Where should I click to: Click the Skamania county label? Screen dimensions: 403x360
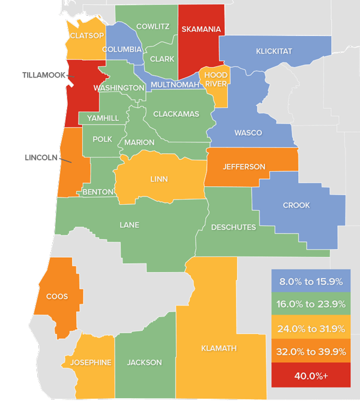pos(201,29)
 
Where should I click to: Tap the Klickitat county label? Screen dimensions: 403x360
pos(274,51)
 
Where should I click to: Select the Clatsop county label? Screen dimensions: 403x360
pos(87,35)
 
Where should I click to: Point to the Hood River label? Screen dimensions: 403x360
pos(215,80)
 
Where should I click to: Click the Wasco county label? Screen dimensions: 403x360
pos(248,133)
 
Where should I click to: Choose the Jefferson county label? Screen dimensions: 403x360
pos(244,166)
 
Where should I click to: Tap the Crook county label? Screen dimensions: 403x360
pos(296,205)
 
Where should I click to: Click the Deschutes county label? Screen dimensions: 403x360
pos(233,227)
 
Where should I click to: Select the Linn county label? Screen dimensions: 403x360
pos(160,179)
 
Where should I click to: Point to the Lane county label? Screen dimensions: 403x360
pos(129,225)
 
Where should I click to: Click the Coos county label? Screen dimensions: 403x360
pos(56,296)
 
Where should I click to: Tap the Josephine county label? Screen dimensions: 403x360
pos(91,362)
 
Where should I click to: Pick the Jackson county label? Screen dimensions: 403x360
pos(144,362)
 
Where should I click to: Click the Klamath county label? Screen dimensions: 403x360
pos(219,348)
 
